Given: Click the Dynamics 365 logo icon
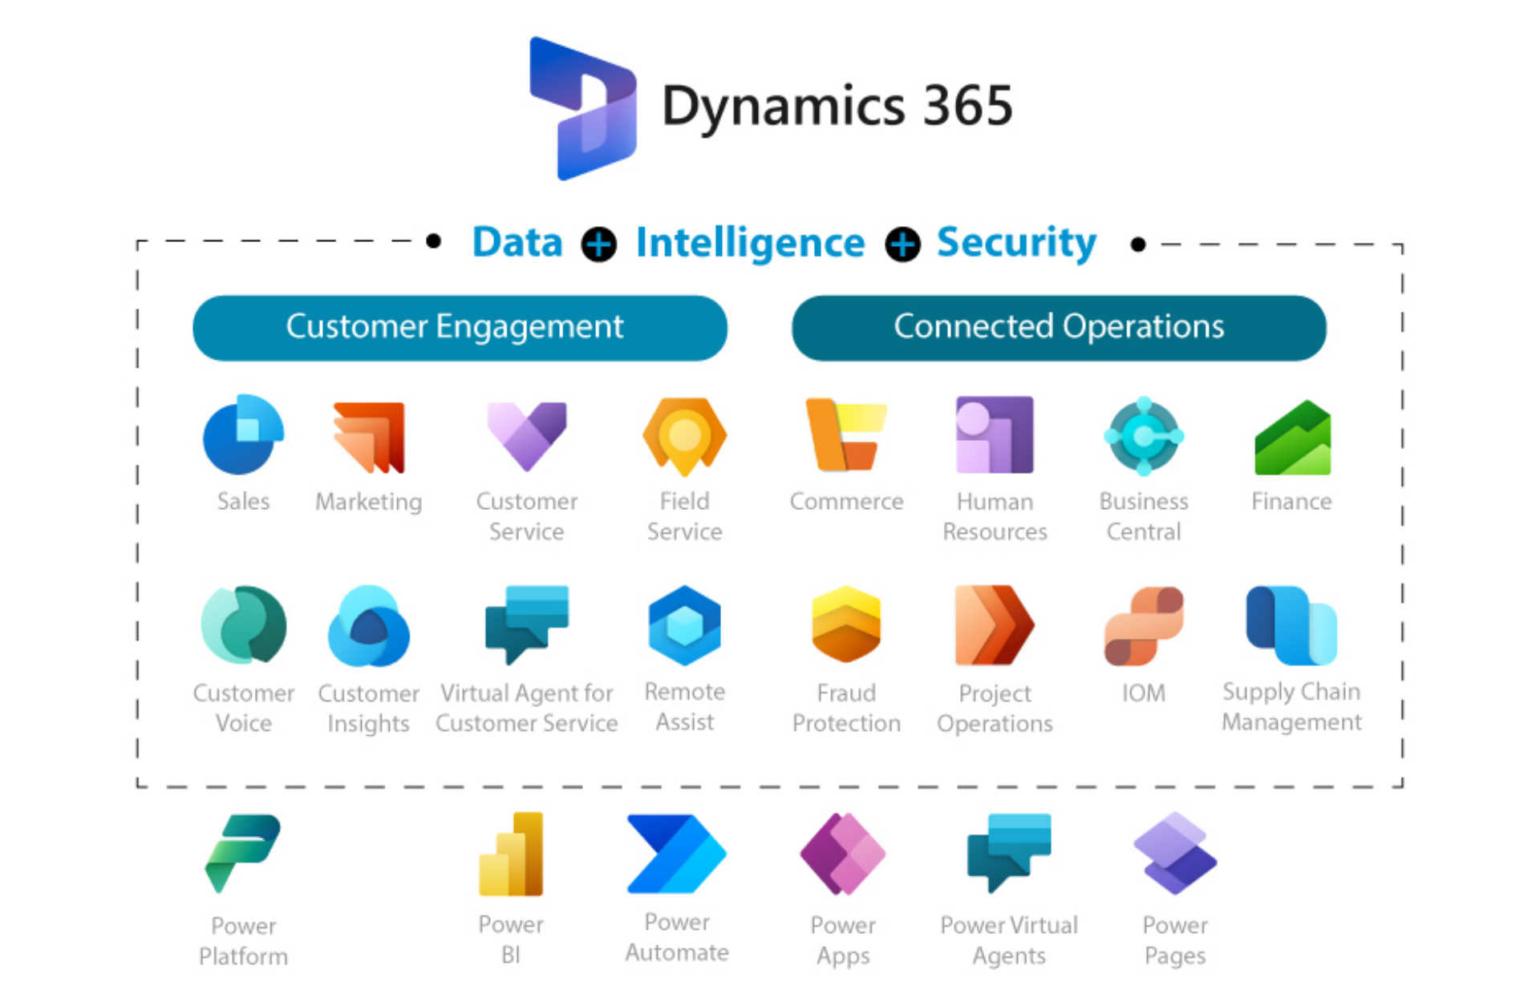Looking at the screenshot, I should [583, 108].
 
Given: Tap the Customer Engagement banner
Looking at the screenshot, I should [460, 328].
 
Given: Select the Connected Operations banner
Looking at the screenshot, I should [1058, 328].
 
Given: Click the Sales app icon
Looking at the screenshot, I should [243, 435].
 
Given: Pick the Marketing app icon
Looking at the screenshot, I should [370, 437].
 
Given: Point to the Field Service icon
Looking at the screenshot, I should [684, 435].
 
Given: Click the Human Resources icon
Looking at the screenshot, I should [995, 435].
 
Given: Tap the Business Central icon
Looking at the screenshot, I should [1144, 436].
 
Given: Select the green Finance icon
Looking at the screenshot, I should [1292, 438].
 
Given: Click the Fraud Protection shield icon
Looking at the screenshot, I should [846, 624].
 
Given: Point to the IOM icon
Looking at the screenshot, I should [1144, 626].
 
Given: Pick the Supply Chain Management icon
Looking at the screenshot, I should [1291, 625].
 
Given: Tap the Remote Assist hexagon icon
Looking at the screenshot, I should [684, 625].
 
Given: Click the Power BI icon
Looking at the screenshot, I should [512, 854].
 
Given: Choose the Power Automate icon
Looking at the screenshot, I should [676, 854].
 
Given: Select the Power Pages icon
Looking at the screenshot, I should [1175, 854].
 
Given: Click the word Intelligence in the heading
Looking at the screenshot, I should [750, 243].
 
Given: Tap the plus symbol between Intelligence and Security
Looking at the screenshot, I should [902, 244].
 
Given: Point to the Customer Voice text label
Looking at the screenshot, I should [243, 708].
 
